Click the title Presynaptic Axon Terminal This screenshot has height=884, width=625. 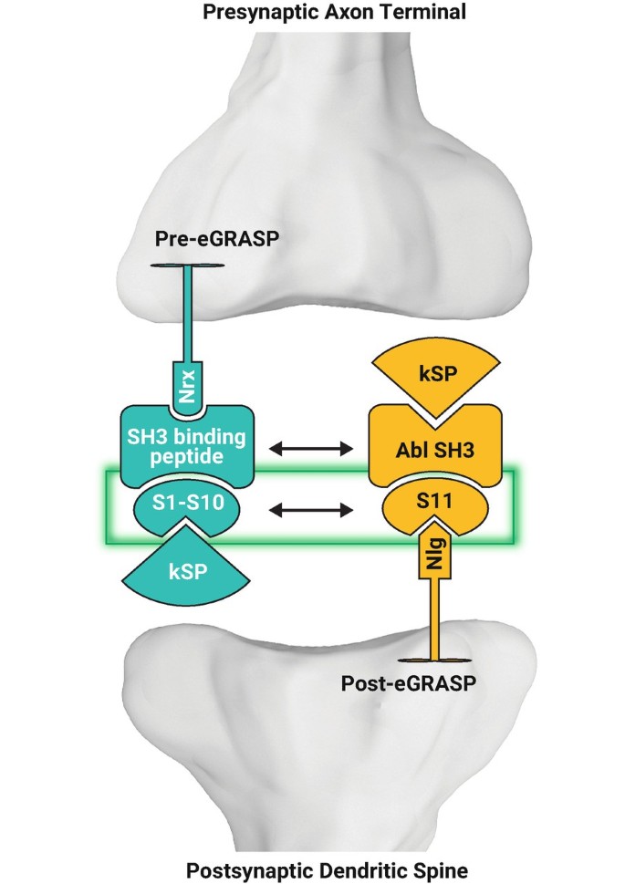pos(309,13)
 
